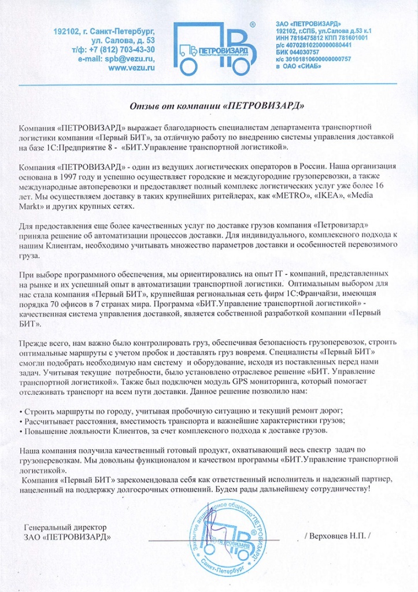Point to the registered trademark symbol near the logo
coord(253,25)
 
